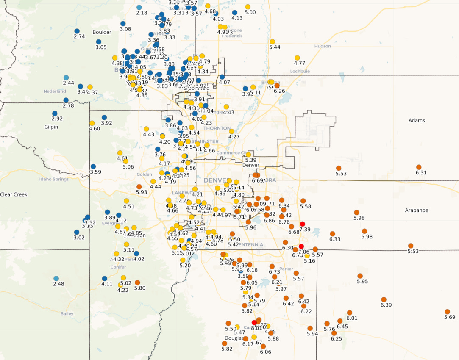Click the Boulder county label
102,32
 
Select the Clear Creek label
14,194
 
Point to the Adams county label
417,120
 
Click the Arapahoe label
417,210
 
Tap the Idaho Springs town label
54,179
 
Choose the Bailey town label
67,314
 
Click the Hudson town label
323,46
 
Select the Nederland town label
55,91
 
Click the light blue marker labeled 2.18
139,7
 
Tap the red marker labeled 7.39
302,224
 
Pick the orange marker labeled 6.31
419,167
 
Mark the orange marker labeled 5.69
447,312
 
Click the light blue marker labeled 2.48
56,278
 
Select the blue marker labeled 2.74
77,31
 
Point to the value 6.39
386,305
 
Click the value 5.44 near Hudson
275,47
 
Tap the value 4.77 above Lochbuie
300,63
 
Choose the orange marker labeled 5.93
139,186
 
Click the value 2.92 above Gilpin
57,119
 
